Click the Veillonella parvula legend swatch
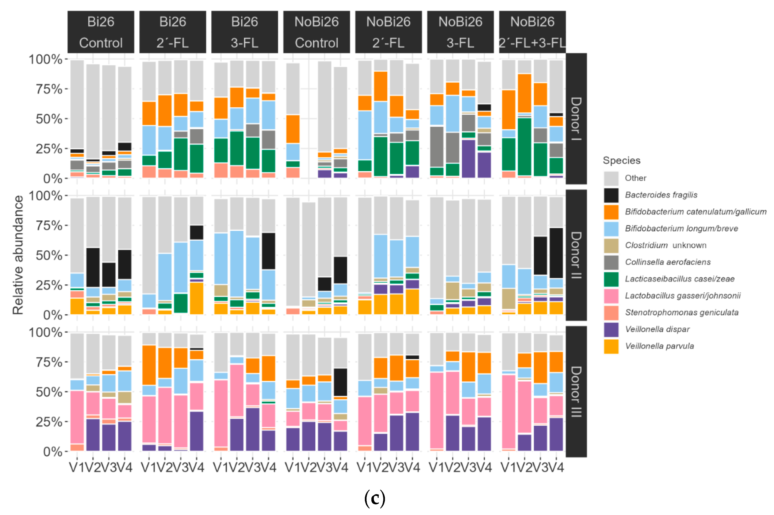pos(611,346)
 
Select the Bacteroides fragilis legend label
pos(661,195)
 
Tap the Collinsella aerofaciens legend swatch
pos(611,262)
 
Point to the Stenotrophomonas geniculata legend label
pos(682,312)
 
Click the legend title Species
pos(621,160)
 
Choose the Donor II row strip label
pos(576,255)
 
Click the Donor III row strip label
pos(576,392)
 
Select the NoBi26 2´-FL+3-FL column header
pos(532,32)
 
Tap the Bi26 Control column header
pos(101,32)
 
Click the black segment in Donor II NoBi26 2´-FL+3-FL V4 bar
pos(556,253)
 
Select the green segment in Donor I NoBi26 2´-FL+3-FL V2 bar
pos(524,147)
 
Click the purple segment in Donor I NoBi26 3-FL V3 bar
pos(468,159)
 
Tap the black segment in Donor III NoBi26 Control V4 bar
pos(340,382)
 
